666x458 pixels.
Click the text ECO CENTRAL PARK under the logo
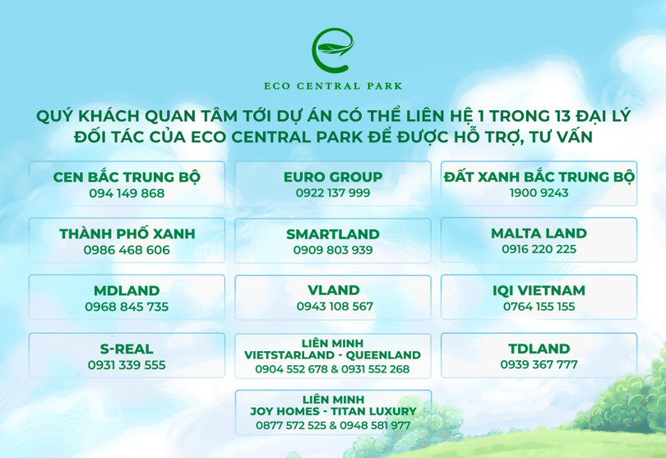(332, 86)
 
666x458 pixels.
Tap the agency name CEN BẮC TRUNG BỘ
(127, 177)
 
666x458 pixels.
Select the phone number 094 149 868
(127, 194)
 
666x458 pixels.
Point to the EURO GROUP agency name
(333, 177)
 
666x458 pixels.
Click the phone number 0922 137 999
(333, 193)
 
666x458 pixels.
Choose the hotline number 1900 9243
(539, 194)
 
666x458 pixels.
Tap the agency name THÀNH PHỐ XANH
(127, 234)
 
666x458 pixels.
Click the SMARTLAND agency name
(333, 234)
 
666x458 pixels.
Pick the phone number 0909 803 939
(333, 251)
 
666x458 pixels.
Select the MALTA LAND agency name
(539, 234)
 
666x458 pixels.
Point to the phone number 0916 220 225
(539, 250)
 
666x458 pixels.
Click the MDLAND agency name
(127, 290)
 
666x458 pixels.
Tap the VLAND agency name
(333, 290)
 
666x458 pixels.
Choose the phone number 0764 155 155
(539, 307)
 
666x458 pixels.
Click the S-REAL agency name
(127, 349)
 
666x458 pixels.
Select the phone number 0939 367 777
(539, 365)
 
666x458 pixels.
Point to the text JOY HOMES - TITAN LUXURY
(333, 411)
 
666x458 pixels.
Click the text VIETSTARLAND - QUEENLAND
(333, 355)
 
